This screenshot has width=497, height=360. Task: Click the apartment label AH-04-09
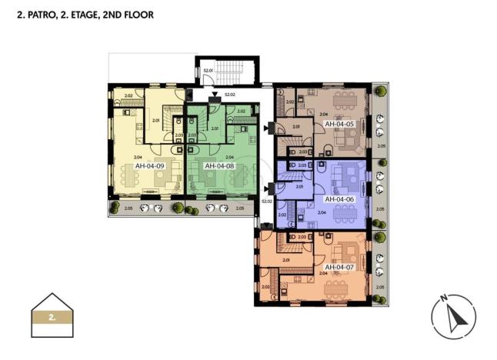pos(150,165)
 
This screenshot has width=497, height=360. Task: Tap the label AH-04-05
pos(339,123)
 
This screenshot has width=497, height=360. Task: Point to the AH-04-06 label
pos(339,198)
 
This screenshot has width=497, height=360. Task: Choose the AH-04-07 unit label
pos(339,267)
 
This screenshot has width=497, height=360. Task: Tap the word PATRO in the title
pos(38,15)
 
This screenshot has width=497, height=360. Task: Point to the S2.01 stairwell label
pos(207,71)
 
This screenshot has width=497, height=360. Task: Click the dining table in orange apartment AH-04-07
pos(336,288)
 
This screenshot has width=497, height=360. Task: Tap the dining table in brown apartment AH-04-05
pos(336,98)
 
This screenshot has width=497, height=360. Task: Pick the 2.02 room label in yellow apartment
pos(128,95)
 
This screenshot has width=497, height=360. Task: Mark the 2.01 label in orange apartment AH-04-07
pos(285,260)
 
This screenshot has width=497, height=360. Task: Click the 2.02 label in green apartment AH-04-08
pos(241,111)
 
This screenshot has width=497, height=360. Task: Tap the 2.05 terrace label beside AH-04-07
pos(379,287)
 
